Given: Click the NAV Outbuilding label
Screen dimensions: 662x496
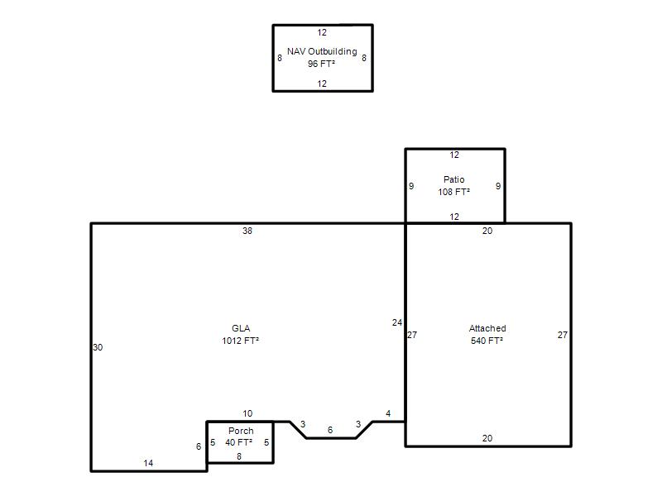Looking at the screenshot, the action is pos(322,51).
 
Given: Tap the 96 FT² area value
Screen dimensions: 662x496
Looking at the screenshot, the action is pos(321,64).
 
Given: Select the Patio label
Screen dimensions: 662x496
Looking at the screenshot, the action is pos(453,179).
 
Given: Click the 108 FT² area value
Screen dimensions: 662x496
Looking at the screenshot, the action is pos(453,192).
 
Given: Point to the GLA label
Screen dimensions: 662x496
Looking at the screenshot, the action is pos(241,328).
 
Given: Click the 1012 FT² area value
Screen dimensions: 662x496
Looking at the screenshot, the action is pos(241,341).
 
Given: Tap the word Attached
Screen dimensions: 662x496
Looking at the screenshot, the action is pos(487,328).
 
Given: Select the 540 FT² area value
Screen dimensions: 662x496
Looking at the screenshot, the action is pos(487,341).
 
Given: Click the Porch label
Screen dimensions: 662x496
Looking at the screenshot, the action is pos(241,431).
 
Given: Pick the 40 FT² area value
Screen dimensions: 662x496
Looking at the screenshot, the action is pos(238,442).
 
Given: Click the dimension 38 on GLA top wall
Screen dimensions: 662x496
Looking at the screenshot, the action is pos(247,231).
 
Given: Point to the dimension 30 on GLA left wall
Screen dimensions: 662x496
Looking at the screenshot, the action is pos(98,347).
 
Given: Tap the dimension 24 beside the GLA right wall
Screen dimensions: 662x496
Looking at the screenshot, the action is pos(397,322).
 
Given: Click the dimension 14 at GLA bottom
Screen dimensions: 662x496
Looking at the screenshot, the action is pos(148,463).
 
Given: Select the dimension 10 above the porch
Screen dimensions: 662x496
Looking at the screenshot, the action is pos(247,414).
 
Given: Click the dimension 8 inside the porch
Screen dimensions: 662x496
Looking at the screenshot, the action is pos(239,456).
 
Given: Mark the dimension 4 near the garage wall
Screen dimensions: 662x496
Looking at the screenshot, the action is pos(388,414).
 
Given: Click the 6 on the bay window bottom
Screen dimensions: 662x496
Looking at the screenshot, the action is pos(330,430).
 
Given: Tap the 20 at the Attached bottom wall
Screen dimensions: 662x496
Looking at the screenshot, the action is pos(487,438).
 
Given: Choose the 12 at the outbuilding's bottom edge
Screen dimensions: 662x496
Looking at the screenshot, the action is pos(322,83).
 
